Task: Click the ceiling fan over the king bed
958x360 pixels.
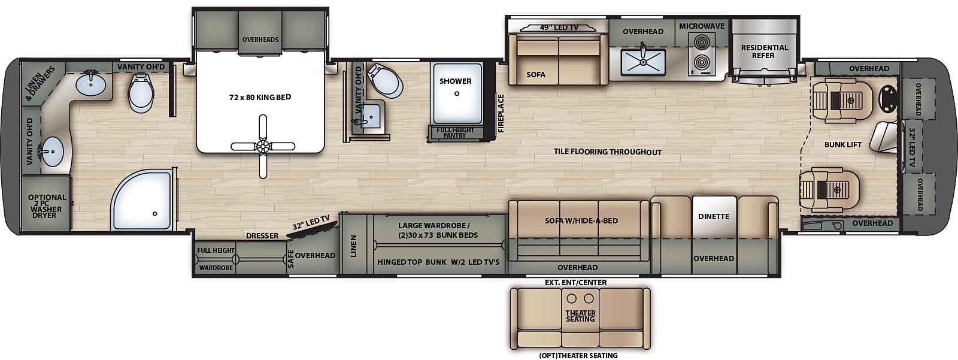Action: point(263,146)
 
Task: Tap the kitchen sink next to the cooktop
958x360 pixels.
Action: point(643,62)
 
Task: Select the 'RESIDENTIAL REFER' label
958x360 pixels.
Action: point(764,52)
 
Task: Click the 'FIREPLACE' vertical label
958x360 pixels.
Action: point(501,113)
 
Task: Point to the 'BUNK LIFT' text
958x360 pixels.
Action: point(843,145)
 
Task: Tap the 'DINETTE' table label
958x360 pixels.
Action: point(714,217)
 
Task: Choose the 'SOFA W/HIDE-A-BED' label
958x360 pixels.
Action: point(581,221)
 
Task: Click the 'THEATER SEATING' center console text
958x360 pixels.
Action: point(580,316)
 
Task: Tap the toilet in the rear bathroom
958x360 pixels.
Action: point(141,92)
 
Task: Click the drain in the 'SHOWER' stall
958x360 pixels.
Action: point(457,93)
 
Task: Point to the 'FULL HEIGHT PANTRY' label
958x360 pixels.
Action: point(454,133)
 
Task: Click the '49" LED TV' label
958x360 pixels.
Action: point(559,28)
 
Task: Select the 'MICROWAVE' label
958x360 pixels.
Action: point(702,26)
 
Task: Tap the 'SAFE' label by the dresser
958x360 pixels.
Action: point(291,259)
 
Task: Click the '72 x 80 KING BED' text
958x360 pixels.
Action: point(260,97)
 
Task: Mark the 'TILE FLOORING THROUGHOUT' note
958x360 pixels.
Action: point(608,152)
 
